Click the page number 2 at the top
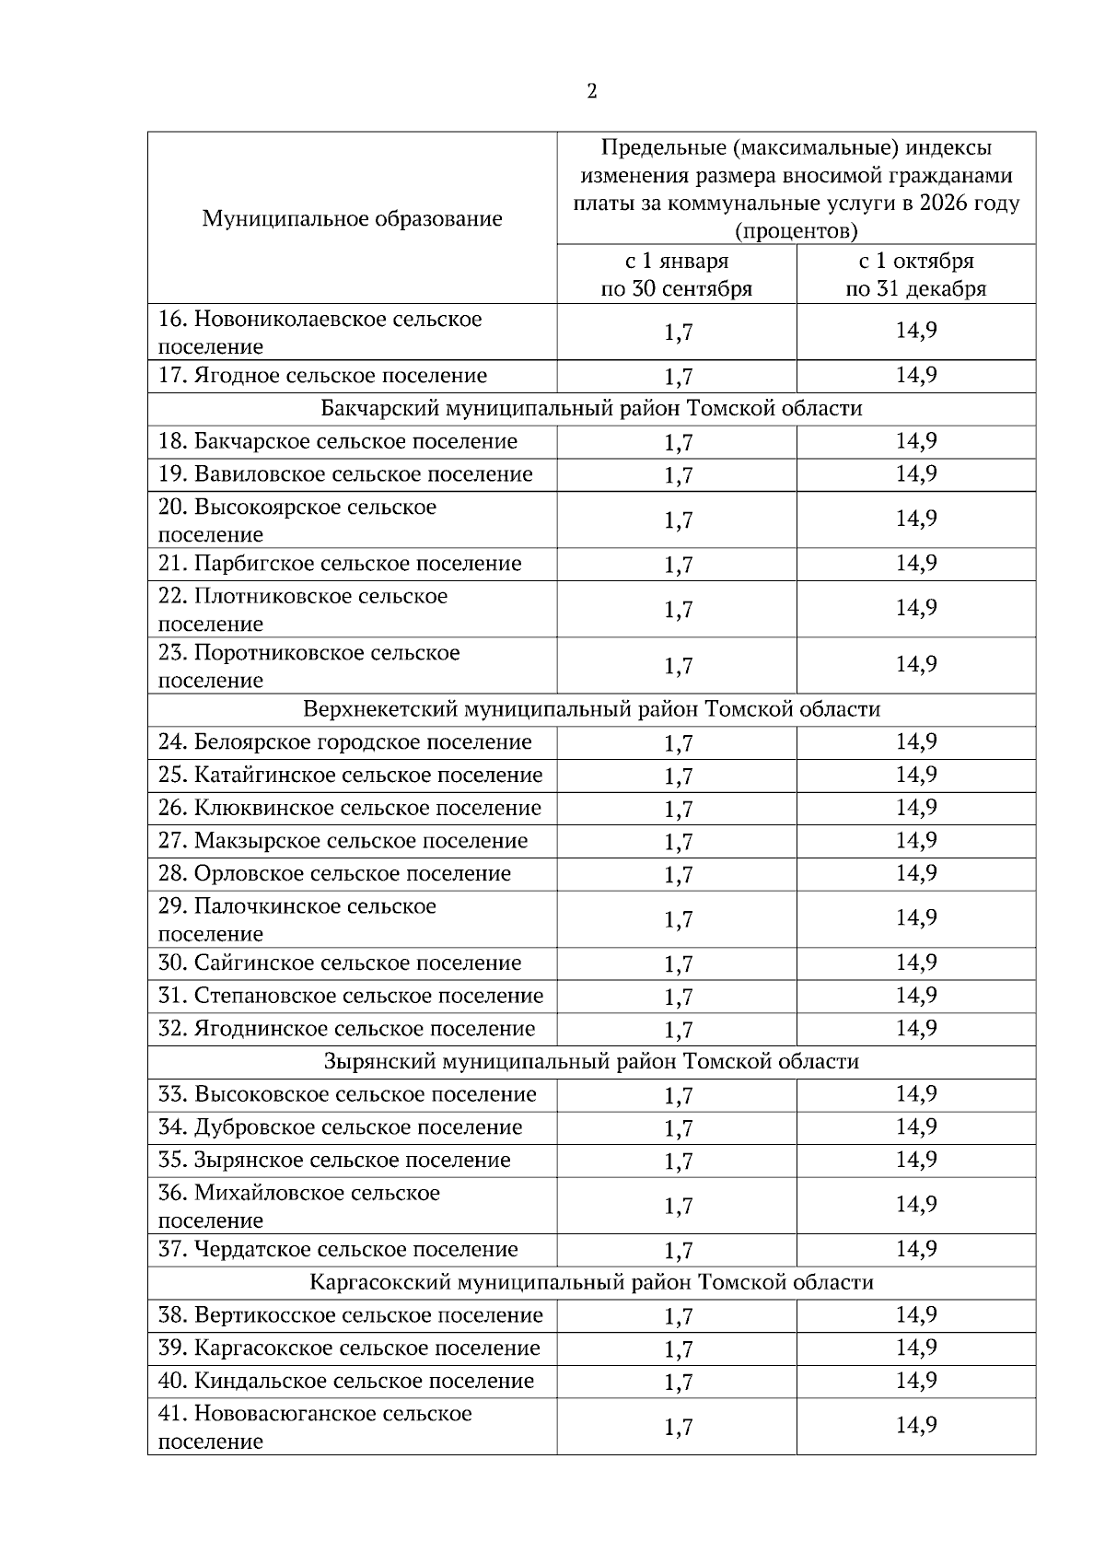(x=591, y=91)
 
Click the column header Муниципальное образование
(x=352, y=218)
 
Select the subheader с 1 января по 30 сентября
(x=676, y=274)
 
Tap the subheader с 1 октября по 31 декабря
(x=915, y=274)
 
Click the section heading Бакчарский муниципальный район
(x=591, y=408)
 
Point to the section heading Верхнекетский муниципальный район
(x=591, y=709)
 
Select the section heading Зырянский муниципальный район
(x=591, y=1061)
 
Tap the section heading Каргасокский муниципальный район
(x=591, y=1282)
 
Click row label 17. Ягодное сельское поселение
(x=322, y=376)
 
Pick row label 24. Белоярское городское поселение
(x=344, y=742)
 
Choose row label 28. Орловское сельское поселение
(x=334, y=873)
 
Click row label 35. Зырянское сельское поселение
(x=334, y=1160)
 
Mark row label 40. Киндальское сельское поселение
(x=345, y=1381)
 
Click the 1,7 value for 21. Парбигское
(x=678, y=565)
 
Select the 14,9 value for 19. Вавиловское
(x=916, y=474)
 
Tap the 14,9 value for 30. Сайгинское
(x=916, y=963)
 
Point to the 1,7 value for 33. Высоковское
(x=678, y=1096)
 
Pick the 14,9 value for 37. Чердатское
(x=916, y=1249)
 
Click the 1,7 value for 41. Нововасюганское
(x=678, y=1428)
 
